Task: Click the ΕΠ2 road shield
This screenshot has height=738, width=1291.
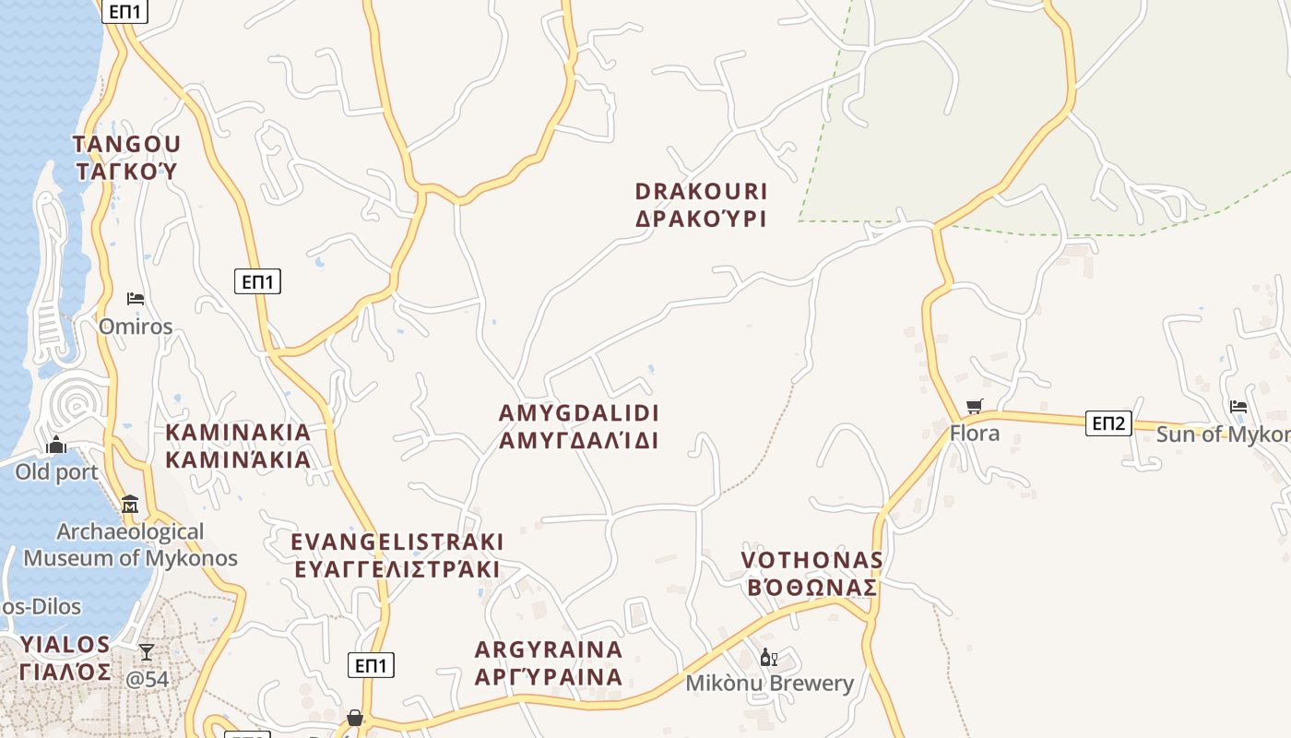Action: tap(1108, 423)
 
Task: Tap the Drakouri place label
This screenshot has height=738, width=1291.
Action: tap(701, 205)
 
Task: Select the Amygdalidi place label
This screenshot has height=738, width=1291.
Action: tap(579, 426)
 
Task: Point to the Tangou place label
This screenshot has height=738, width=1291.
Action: tap(126, 158)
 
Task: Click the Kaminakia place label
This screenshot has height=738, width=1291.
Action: tap(238, 446)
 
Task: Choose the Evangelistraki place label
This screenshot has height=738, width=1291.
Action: tap(397, 554)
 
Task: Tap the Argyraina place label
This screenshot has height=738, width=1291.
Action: tap(549, 663)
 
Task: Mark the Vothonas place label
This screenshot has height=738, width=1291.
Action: tap(811, 574)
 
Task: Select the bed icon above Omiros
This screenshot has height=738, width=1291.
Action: tap(136, 299)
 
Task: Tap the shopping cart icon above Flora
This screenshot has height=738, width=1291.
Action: tap(975, 406)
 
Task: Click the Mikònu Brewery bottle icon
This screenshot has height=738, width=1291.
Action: tap(767, 658)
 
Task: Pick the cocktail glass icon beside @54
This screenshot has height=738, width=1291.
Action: tap(147, 652)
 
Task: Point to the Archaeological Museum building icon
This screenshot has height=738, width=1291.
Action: tap(130, 505)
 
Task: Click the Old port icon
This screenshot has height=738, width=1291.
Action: tap(56, 446)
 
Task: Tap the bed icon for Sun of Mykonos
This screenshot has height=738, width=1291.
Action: tap(1238, 406)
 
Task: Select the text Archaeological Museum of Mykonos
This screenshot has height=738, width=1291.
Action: tap(130, 545)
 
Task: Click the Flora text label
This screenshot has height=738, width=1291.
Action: tap(975, 433)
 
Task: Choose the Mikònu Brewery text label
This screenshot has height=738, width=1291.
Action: tap(770, 684)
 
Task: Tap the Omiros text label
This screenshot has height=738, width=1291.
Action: tap(136, 327)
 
